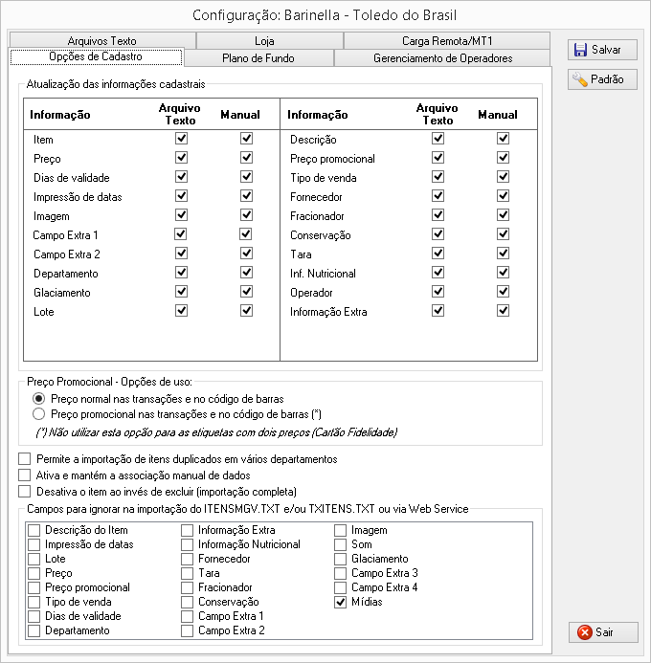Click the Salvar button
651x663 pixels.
602,50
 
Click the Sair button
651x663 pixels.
602,632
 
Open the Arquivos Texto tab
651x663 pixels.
102,41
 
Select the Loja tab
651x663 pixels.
265,41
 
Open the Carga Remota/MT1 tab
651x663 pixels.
447,41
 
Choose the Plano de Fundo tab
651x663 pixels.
258,58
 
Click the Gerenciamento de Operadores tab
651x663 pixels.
442,58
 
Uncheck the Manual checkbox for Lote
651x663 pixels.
246,312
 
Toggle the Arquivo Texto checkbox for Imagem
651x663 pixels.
181,215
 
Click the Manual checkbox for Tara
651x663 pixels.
503,254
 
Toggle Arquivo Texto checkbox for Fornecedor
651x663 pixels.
438,196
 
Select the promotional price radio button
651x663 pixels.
38,414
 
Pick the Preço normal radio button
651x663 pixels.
38,398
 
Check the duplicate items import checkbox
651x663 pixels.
25,459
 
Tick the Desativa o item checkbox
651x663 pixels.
25,491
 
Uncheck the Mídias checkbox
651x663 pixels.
341,602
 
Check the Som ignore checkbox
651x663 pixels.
341,544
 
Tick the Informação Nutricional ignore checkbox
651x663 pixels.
188,544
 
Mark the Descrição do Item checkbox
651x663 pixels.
34,530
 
